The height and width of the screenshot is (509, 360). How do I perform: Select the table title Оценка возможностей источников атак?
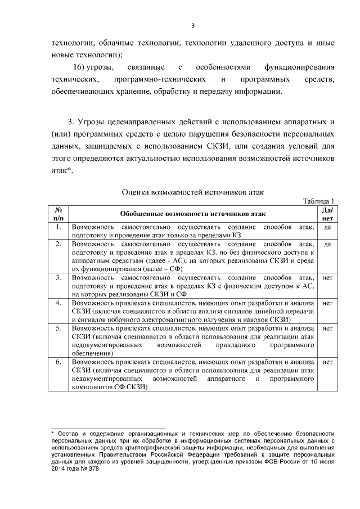(193, 192)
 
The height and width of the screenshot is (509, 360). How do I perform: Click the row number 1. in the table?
(58, 227)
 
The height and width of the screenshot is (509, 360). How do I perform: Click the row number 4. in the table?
(58, 303)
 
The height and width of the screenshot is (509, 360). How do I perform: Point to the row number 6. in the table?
(58, 362)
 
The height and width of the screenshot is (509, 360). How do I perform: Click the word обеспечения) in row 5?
(92, 353)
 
